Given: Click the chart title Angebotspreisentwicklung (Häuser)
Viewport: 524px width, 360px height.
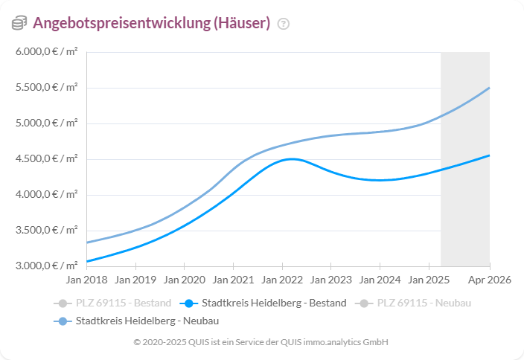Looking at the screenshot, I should click(x=151, y=23).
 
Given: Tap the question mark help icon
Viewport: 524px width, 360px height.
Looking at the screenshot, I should click(x=283, y=24).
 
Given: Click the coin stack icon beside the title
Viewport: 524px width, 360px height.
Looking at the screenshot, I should click(x=19, y=24).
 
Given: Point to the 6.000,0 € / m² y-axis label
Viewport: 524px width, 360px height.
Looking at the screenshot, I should click(x=46, y=52).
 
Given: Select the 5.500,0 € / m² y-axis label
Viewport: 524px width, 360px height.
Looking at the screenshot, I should click(x=46, y=88).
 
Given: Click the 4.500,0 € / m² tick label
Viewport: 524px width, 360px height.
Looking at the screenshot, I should click(x=46, y=159).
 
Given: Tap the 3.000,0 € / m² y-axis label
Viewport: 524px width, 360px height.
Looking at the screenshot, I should click(x=46, y=266).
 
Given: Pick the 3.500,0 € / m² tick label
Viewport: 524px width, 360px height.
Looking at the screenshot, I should click(x=46, y=231).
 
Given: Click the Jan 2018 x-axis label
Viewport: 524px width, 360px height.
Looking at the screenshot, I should click(x=86, y=280).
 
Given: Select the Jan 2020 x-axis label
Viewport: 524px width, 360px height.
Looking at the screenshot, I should click(x=184, y=280).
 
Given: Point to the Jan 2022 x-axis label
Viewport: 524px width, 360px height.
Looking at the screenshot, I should click(x=281, y=280).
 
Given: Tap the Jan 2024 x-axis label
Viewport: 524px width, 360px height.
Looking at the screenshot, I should click(x=379, y=280).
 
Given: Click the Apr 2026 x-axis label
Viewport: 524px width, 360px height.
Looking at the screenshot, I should click(x=489, y=280).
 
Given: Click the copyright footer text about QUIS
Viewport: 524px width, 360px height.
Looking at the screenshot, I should click(x=261, y=342).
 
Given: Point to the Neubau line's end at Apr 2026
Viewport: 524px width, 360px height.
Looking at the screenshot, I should click(x=489, y=88).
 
